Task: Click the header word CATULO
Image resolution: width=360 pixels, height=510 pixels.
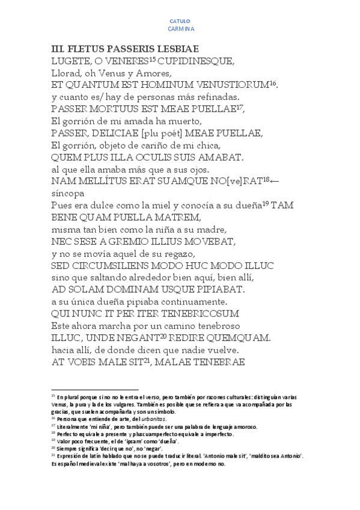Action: pos(180,21)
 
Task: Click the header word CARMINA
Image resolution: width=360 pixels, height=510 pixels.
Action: pos(180,29)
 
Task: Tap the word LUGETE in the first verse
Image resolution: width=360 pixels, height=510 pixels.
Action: pos(71,61)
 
